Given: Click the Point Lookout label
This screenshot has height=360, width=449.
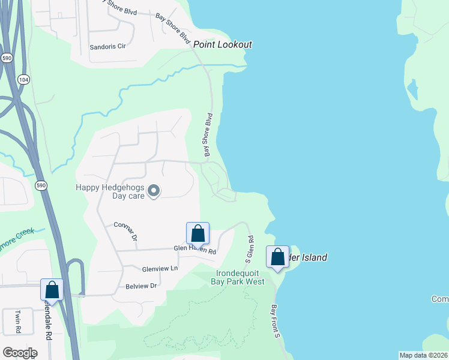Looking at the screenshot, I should click(x=222, y=45).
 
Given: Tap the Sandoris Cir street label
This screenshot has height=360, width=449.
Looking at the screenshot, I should click(x=107, y=46).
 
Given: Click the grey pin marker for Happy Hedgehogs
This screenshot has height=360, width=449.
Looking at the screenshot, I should click(x=153, y=191).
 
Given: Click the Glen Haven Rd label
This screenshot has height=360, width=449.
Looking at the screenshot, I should click(x=194, y=249).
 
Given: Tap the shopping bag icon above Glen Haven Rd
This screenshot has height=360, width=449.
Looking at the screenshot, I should click(x=197, y=234).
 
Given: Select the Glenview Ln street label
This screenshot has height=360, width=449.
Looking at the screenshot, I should click(x=160, y=269).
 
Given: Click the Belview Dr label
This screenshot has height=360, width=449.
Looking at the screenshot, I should click(x=140, y=286).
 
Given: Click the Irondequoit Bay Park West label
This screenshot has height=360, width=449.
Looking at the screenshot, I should click(x=240, y=277).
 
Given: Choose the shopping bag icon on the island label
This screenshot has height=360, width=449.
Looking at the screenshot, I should click(x=277, y=257).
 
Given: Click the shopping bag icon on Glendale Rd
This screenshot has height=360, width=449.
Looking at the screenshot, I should click(x=52, y=290).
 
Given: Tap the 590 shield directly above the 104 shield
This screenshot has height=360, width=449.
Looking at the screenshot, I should click(x=7, y=58).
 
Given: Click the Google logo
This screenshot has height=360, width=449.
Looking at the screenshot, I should click(x=19, y=352).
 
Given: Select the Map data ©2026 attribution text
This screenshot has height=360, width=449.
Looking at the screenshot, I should click(x=423, y=355).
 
